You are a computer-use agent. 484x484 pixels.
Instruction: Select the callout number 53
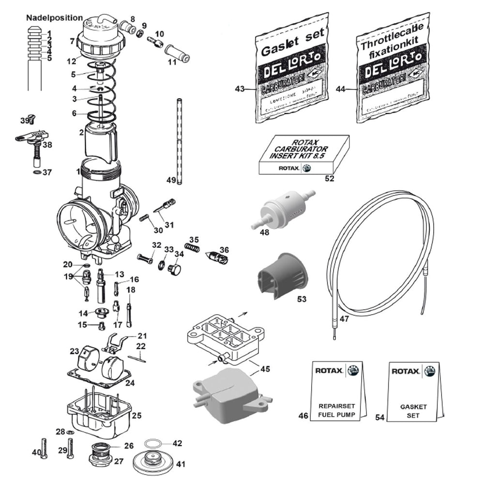tap(302, 299)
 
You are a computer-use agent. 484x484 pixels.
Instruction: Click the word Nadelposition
tap(54, 18)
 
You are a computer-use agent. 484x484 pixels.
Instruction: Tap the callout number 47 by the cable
tap(344, 319)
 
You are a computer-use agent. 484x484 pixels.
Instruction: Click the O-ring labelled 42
tap(153, 443)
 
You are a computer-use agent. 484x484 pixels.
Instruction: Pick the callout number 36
tap(224, 250)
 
